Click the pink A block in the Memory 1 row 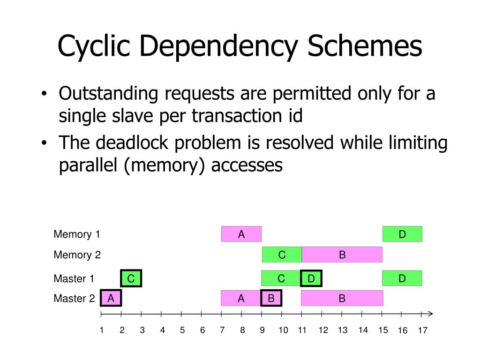[241, 234]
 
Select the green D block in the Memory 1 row [402, 234]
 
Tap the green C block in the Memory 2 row [282, 255]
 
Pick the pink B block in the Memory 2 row [342, 255]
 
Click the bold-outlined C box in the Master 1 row [131, 279]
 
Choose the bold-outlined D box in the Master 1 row [311, 279]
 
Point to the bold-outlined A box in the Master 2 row [111, 298]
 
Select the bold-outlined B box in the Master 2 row [271, 298]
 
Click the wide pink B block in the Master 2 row [342, 298]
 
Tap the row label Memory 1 [77, 234]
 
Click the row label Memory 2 [77, 255]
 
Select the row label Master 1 [74, 279]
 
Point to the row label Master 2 [74, 298]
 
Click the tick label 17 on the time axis [423, 331]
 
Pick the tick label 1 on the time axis [101, 330]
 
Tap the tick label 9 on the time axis [262, 330]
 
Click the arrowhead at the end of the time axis [430, 314]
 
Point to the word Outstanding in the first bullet [108, 94]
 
